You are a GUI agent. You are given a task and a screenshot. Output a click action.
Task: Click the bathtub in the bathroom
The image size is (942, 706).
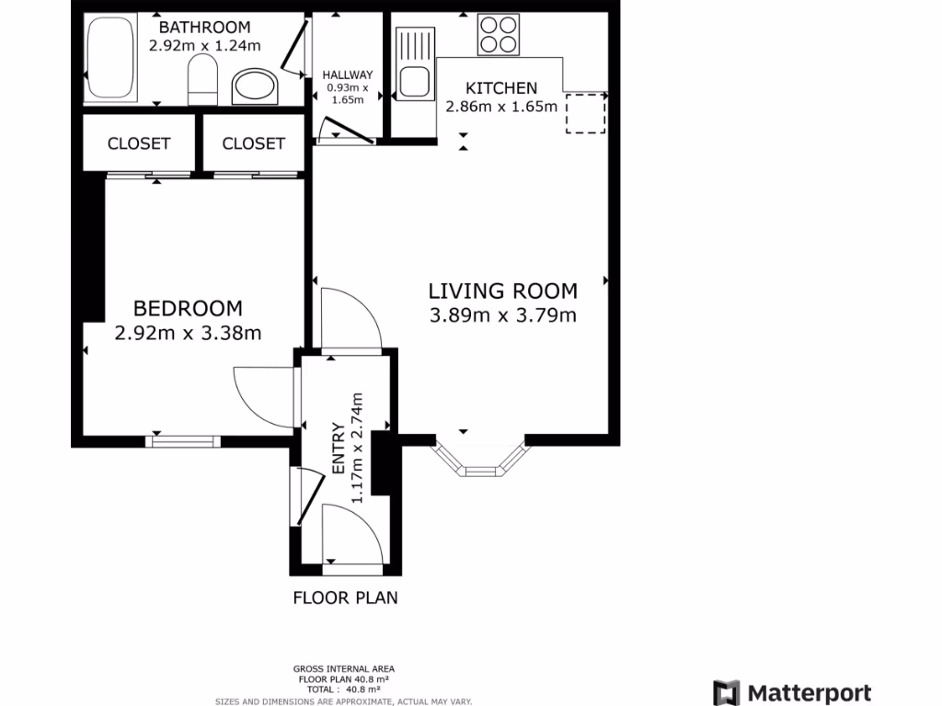(x=110, y=61)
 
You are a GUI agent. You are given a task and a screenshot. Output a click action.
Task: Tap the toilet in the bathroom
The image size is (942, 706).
(x=201, y=81)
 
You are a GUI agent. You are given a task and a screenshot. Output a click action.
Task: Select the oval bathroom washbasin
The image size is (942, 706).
(x=253, y=88)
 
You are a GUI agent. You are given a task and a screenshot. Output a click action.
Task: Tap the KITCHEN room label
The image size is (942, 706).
(x=501, y=88)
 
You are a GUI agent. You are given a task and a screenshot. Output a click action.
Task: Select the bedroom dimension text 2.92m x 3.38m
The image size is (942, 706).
(x=188, y=333)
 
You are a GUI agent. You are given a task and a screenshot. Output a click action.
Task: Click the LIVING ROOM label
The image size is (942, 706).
(x=503, y=291)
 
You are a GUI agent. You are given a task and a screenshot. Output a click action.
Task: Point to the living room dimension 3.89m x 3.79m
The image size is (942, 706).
(x=503, y=316)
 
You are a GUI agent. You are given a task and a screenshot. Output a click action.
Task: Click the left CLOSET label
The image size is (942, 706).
(x=139, y=143)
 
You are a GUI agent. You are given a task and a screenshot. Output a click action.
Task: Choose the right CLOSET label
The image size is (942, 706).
(x=253, y=143)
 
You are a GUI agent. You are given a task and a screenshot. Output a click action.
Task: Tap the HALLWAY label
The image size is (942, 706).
(x=347, y=75)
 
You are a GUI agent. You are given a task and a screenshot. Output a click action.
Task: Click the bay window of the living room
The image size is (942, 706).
(x=480, y=464)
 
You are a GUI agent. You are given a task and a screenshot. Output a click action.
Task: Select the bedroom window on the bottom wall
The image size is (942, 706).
(x=183, y=440)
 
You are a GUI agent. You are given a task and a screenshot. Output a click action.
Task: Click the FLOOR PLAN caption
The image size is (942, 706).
(x=345, y=598)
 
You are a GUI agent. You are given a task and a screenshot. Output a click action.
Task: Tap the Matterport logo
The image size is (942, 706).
(x=792, y=692)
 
